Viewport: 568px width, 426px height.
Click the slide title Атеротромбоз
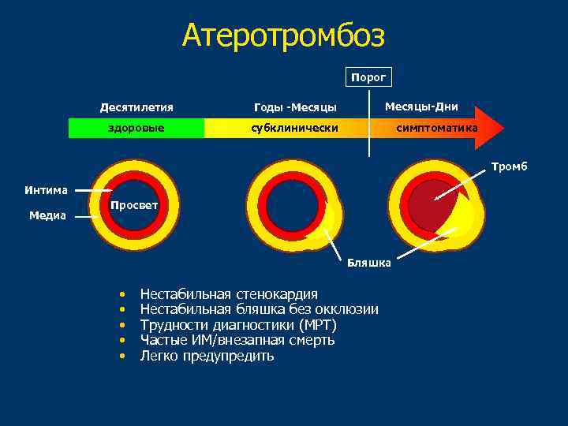(x=283, y=35)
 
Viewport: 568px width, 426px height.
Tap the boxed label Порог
(x=368, y=77)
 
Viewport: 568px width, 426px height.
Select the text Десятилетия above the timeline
(x=136, y=107)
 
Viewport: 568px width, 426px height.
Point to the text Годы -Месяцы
(x=295, y=107)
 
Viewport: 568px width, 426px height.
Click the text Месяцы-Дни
(x=420, y=106)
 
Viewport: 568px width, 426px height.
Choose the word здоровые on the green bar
(x=136, y=128)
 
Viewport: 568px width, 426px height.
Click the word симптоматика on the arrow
(x=436, y=128)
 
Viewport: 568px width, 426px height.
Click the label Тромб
(x=509, y=166)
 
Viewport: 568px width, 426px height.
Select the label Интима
(x=46, y=190)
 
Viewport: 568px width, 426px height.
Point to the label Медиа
(x=47, y=215)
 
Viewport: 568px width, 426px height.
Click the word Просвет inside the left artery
(x=133, y=205)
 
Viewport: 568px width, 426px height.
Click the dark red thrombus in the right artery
(x=430, y=204)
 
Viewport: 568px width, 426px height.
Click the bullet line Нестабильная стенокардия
(x=229, y=294)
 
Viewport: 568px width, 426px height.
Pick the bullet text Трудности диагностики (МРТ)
(x=238, y=325)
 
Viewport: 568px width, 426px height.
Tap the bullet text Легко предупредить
(x=207, y=356)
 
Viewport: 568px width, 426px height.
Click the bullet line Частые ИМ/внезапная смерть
(x=237, y=340)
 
